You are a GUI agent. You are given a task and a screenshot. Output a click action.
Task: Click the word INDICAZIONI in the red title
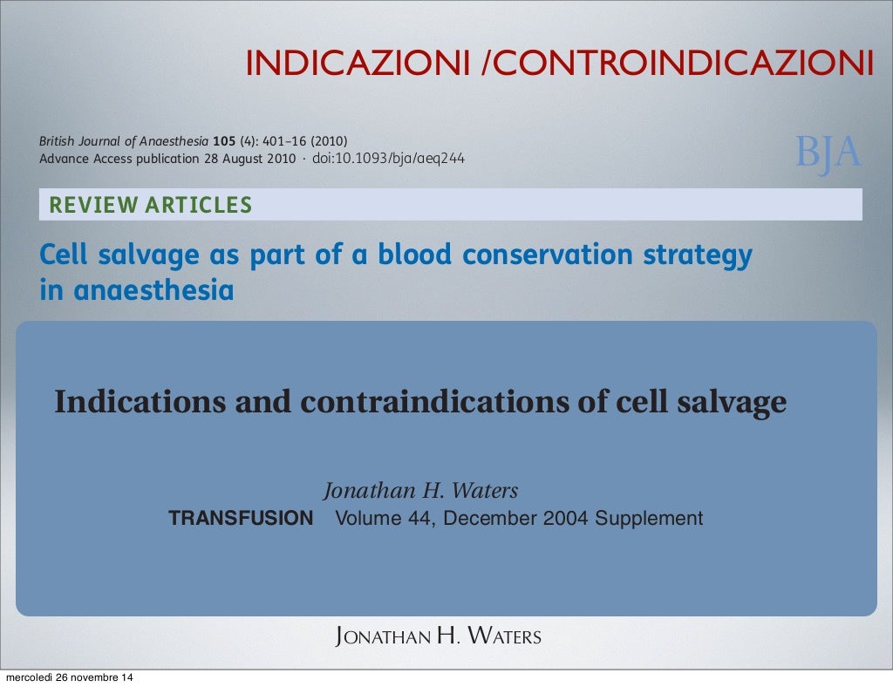click(x=359, y=63)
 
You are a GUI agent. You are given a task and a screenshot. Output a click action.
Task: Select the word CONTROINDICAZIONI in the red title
click(x=685, y=63)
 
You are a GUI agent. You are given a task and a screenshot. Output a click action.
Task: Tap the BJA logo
click(x=828, y=153)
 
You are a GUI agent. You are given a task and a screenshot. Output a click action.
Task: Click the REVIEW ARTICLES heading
click(x=151, y=206)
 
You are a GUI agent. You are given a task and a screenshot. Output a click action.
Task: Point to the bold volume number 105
click(x=224, y=142)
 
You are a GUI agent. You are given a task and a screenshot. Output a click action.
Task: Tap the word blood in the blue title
click(x=415, y=255)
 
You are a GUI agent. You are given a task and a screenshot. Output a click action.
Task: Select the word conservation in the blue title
click(x=548, y=255)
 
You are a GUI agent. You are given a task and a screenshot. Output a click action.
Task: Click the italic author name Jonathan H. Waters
click(x=420, y=491)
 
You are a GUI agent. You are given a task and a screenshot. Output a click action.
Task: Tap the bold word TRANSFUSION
click(x=241, y=519)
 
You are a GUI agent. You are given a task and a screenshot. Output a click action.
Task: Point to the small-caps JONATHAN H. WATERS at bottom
click(x=439, y=636)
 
